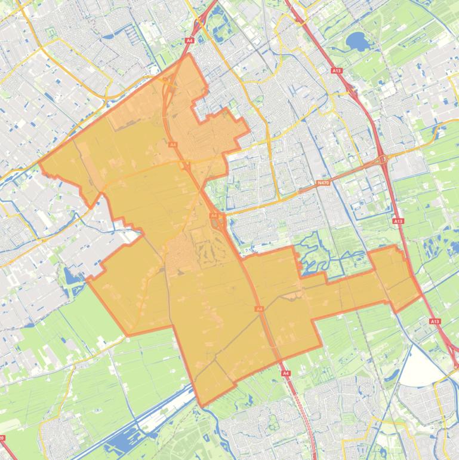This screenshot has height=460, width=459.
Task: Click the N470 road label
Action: pos(323,183)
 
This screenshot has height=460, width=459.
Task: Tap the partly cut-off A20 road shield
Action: pos(2,438)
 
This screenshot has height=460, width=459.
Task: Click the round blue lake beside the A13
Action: pos(357,41)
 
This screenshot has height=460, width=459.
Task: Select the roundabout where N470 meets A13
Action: pos(382,160)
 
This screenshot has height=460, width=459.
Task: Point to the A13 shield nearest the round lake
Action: pos(337,70)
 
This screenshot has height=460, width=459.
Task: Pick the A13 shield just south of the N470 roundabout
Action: pos(398,221)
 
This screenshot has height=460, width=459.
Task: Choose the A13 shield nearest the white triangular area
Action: pos(435,321)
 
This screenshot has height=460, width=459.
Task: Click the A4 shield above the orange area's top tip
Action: pos(189,40)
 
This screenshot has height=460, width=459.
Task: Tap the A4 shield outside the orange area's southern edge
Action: pos(286,373)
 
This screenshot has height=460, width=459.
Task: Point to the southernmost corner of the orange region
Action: pos(202,406)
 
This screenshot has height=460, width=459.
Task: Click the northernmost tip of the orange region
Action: pos(189,54)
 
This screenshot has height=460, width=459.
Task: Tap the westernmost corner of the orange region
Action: pos(39,162)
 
